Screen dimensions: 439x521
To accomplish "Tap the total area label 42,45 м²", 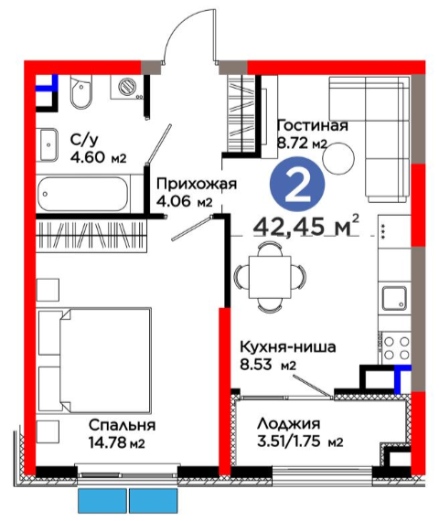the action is click(306, 226).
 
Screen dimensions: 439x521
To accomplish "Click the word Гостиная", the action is click(312, 125).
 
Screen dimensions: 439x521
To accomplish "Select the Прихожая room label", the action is click(197, 184).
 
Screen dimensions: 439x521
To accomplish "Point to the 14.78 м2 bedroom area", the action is click(117, 442).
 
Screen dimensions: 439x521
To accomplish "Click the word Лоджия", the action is click(289, 424).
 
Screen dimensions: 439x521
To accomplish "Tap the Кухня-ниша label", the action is click(288, 347).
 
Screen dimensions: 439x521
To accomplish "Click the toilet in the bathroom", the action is click(80, 91).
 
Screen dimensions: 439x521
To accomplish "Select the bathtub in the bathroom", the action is click(83, 194).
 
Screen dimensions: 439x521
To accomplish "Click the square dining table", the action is click(270, 277).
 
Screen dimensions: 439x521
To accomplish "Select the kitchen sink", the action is click(394, 298).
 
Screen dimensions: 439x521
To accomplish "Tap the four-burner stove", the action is click(396, 348).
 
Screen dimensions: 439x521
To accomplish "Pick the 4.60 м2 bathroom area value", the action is click(98, 157).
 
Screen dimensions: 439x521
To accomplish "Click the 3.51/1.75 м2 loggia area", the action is click(300, 441).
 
